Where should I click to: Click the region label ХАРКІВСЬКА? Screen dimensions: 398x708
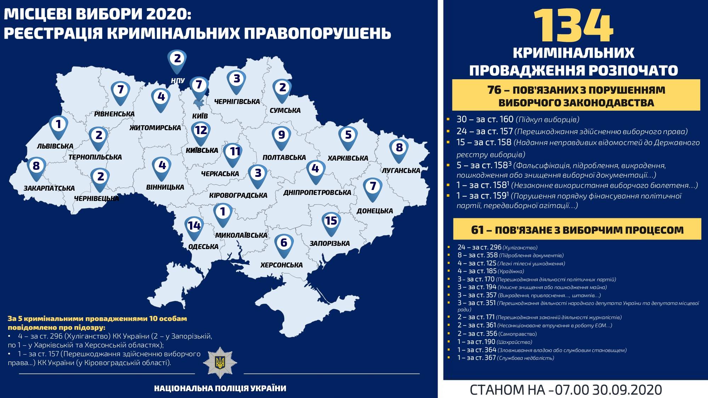click(x=348, y=158)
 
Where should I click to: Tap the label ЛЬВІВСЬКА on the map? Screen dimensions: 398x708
click(x=55, y=146)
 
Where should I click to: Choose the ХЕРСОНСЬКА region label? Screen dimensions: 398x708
click(x=281, y=265)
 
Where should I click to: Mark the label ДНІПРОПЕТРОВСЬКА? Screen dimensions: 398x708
click(x=317, y=192)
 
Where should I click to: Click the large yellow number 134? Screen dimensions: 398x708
click(x=573, y=26)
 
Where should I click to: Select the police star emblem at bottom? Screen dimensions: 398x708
click(x=220, y=362)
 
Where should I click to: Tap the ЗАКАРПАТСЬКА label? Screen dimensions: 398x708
click(x=49, y=188)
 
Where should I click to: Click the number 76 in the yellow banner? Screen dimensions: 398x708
click(x=494, y=90)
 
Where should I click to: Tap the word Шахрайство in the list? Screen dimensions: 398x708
click(x=514, y=342)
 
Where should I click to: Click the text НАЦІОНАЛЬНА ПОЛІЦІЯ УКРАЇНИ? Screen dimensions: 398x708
click(x=220, y=388)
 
